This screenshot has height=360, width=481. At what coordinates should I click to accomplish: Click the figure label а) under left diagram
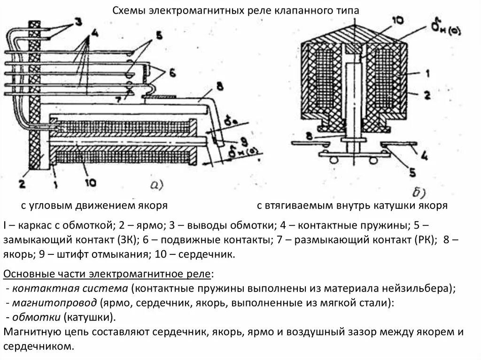[x=156, y=185]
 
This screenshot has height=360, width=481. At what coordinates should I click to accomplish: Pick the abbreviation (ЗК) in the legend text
[x=127, y=239]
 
